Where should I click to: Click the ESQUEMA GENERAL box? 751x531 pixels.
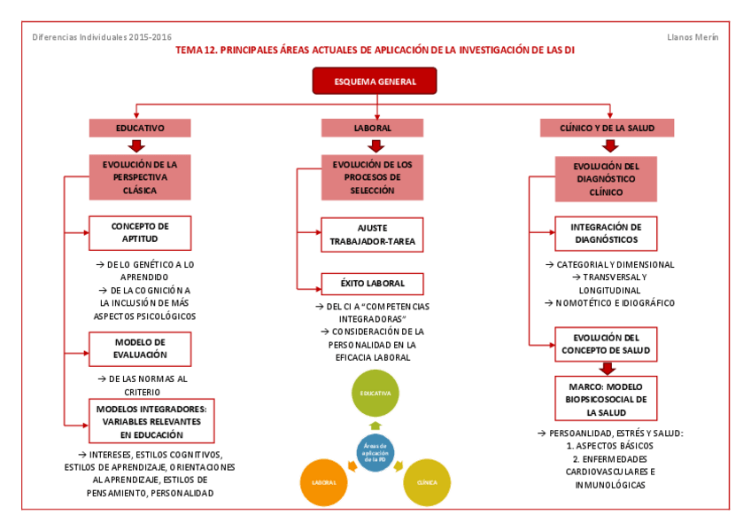(375, 81)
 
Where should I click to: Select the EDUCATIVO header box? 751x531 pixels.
(139, 129)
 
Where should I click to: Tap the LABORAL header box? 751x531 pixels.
(373, 129)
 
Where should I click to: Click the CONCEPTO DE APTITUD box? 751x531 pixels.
(140, 232)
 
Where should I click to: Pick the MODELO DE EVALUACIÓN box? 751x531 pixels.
(140, 348)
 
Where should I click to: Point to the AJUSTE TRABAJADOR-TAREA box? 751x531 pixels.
(372, 234)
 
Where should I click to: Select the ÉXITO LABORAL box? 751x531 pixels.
(372, 284)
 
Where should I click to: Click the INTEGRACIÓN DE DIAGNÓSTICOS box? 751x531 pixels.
(606, 234)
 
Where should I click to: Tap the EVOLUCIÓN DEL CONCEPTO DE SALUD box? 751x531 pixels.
(606, 344)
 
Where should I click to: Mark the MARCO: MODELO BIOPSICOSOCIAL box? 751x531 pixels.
(606, 399)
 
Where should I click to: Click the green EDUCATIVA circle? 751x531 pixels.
(375, 393)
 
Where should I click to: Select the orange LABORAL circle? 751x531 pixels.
(323, 482)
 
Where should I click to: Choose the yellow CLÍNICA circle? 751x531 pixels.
(427, 482)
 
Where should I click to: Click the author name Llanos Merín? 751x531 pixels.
(693, 37)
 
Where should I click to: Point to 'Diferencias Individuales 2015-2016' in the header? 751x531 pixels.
(102, 37)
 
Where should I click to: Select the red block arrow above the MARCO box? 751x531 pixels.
(606, 368)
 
